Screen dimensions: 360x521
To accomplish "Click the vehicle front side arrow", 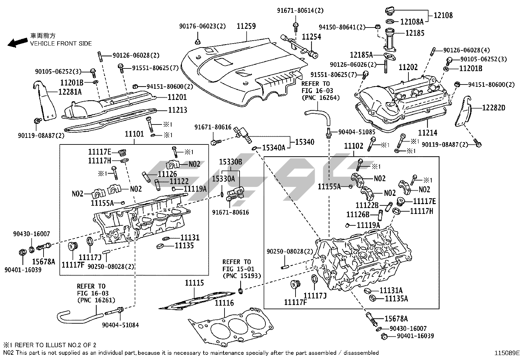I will pos(18,42).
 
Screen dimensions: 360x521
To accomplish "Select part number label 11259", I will pos(246,26).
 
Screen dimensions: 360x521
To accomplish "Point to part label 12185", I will pos(415,33).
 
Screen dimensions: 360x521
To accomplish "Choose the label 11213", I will pos(178,110).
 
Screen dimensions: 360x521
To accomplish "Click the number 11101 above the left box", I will pos(134,134).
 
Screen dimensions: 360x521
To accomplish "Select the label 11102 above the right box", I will pos(353,146).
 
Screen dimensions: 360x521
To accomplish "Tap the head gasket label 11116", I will pos(224,303).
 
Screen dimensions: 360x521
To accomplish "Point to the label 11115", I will pos(194,283).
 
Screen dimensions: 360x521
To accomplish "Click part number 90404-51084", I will pos(120,325).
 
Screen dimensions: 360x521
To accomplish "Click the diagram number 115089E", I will pos(507,353).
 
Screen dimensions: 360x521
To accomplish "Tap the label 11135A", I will pos(396,298).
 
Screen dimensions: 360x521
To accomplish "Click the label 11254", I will pos(311,37).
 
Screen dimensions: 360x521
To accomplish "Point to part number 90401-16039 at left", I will pos(23,270).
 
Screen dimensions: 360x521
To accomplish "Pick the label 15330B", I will pos(230,161).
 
